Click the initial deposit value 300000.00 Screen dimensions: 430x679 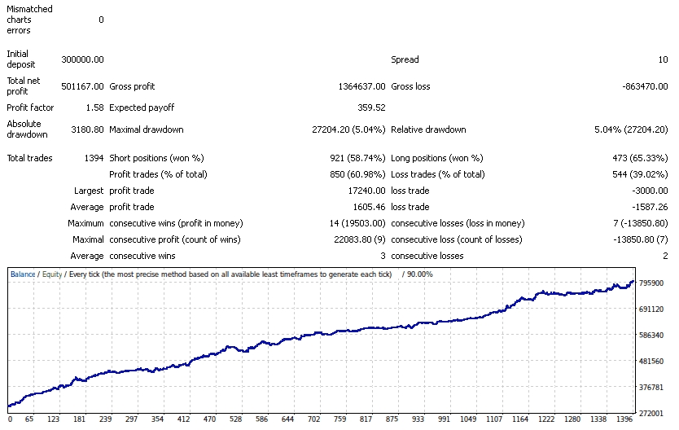[x=82, y=59]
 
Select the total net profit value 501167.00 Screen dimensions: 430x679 [x=82, y=86]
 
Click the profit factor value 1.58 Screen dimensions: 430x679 [x=94, y=107]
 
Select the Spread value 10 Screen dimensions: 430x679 [x=664, y=59]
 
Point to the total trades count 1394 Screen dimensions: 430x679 [x=92, y=158]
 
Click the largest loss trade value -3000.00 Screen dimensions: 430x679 [x=649, y=191]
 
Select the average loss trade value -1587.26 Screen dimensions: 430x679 [x=649, y=207]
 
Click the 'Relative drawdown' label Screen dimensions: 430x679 [x=428, y=129]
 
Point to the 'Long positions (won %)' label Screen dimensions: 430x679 [x=437, y=158]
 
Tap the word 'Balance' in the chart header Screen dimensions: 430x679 [x=23, y=274]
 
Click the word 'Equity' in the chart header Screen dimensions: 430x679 [x=51, y=274]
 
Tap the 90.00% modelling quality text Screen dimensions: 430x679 [x=419, y=274]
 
